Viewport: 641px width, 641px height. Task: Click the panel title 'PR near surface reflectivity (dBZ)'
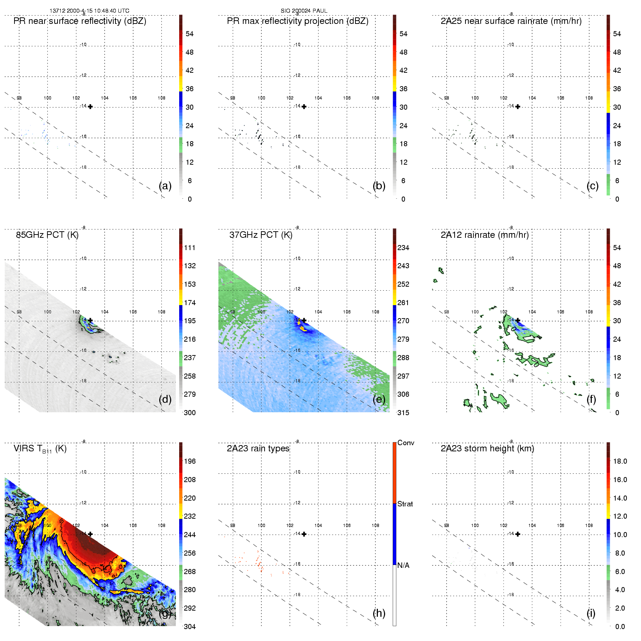tap(80, 21)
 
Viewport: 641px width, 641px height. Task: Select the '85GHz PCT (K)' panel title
tap(47, 235)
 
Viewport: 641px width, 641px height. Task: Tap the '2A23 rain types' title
tap(258, 448)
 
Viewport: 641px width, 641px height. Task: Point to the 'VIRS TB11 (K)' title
tap(40, 449)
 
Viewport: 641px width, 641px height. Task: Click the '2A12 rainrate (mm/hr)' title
tap(485, 235)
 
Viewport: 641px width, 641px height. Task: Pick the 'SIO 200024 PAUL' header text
tap(304, 11)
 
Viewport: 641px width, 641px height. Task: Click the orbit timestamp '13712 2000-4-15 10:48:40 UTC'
tap(89, 11)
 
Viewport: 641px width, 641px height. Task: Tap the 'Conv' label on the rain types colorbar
tap(406, 443)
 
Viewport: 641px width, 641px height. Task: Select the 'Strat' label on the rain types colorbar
tap(405, 504)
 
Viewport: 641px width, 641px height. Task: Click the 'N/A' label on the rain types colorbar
tap(403, 565)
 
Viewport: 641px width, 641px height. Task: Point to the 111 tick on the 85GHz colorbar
tap(190, 248)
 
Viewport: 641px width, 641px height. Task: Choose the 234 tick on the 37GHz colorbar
tap(403, 248)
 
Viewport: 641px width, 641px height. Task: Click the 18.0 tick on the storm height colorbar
tap(620, 461)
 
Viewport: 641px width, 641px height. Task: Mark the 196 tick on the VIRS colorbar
tap(190, 461)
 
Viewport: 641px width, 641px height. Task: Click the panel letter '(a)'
tap(165, 186)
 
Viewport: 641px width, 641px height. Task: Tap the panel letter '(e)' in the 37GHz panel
tap(379, 399)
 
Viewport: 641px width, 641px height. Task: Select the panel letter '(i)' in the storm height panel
tap(591, 613)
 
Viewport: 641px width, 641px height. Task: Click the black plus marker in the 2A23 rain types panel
tap(304, 534)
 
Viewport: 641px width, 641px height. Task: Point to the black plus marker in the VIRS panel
tap(90, 534)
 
